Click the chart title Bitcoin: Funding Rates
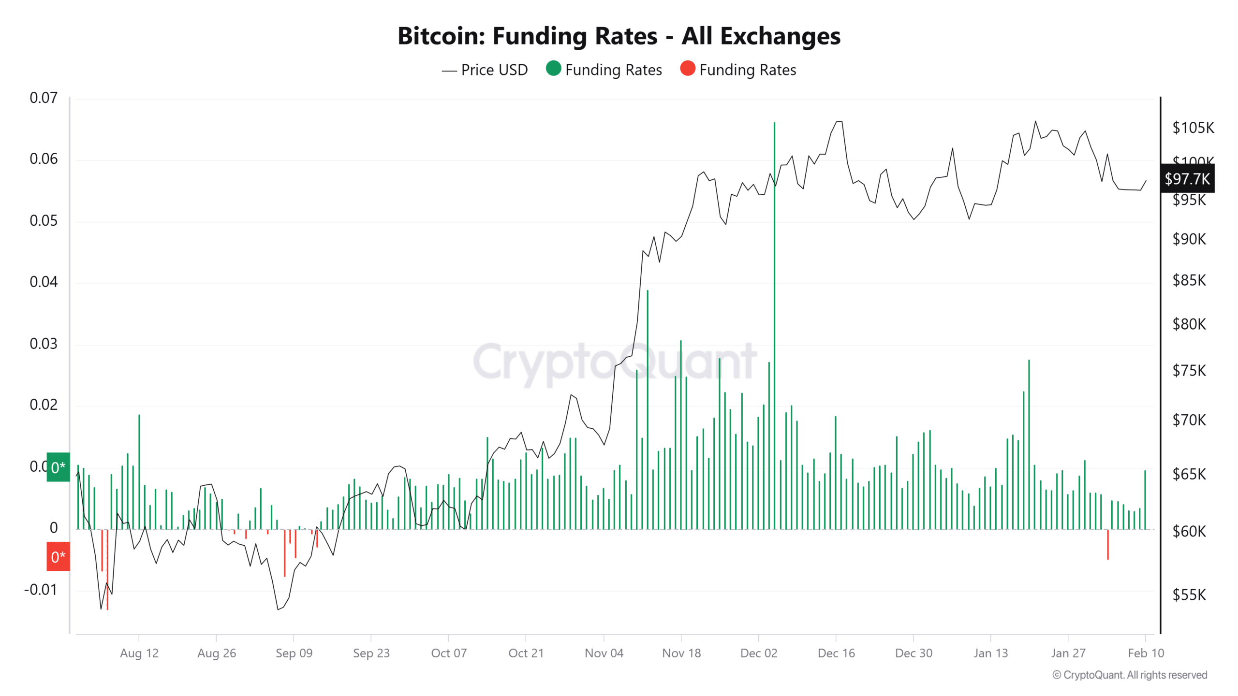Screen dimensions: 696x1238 (619, 36)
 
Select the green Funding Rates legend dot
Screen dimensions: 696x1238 (553, 69)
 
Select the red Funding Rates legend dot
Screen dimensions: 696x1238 (687, 69)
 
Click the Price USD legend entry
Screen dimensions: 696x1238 (485, 70)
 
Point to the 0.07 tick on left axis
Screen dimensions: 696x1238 (44, 98)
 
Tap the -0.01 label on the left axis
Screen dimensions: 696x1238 (41, 590)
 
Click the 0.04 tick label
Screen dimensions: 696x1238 (44, 282)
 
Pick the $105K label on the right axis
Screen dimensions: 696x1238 (1193, 128)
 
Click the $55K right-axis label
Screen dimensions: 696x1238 (1189, 595)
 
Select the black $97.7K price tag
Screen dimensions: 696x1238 (1187, 179)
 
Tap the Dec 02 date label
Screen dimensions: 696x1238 (758, 653)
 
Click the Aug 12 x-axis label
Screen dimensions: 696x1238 (139, 653)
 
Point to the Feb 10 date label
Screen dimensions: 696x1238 (1145, 653)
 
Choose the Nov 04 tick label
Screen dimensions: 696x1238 (604, 653)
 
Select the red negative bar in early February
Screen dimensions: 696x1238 (1107, 545)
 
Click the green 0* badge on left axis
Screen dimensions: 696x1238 (58, 467)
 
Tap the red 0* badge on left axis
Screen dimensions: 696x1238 (58, 557)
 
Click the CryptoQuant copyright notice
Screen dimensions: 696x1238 (1130, 675)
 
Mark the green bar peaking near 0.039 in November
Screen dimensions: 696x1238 (648, 411)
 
